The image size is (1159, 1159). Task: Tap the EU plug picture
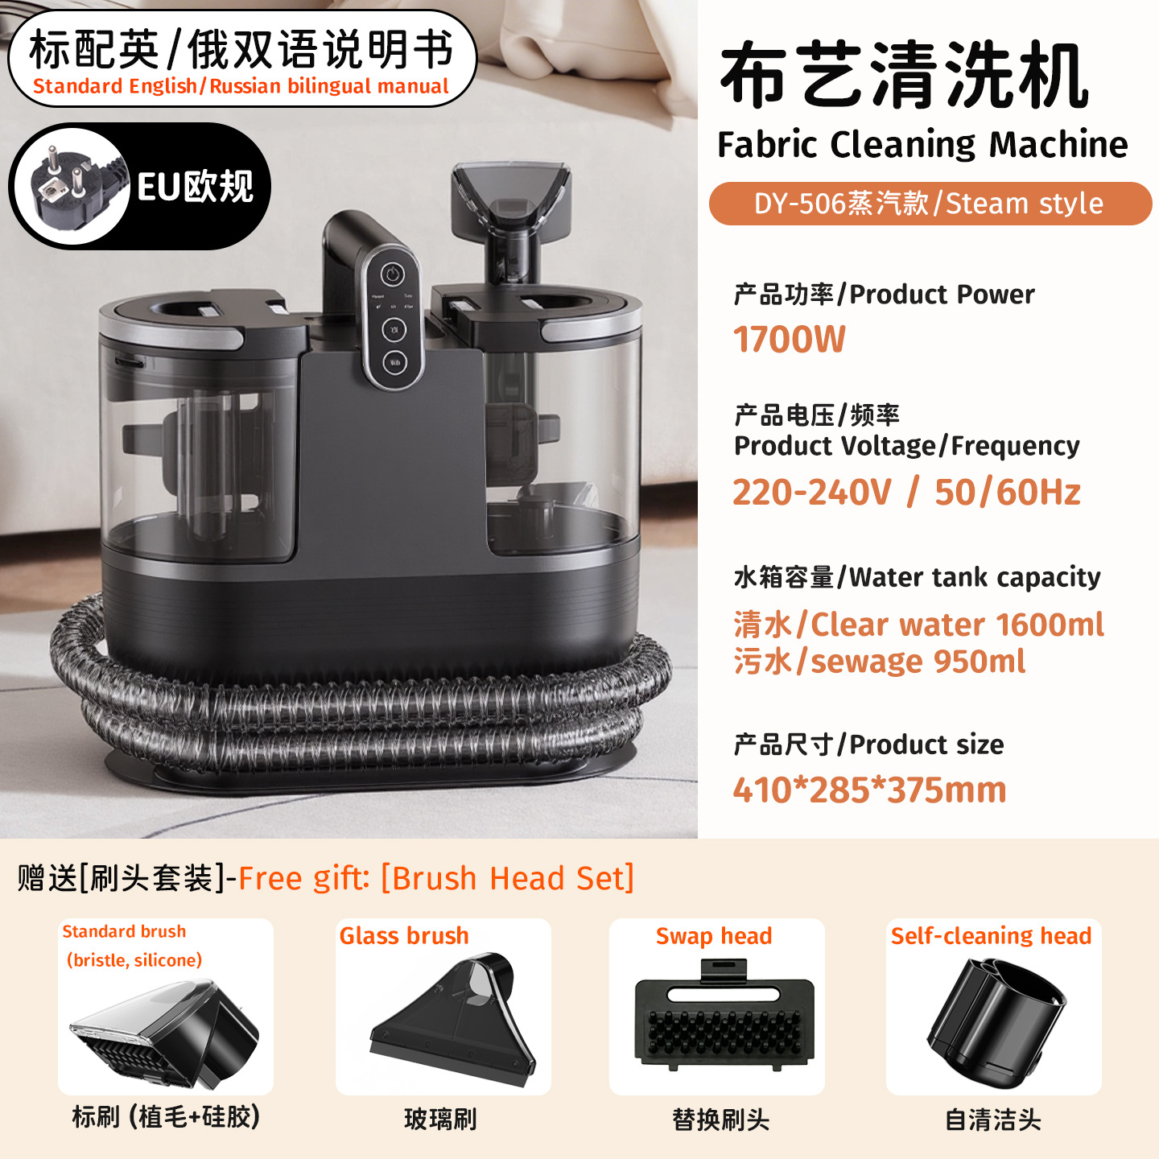(72, 187)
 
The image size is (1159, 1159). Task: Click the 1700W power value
(789, 339)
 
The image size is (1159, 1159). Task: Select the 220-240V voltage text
(812, 492)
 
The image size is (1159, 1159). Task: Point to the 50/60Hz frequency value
(1008, 492)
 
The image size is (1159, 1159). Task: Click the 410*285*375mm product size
(870, 790)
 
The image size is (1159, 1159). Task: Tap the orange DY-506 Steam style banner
(930, 204)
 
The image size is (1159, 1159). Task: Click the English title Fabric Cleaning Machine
(922, 144)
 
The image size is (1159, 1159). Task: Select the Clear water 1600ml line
(919, 625)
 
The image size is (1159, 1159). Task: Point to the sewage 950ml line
(880, 662)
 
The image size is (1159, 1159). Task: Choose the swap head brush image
(724, 1015)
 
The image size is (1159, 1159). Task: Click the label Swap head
(714, 936)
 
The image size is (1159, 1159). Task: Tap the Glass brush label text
(404, 936)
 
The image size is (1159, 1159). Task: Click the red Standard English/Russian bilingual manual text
(241, 86)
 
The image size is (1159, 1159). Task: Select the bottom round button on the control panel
(394, 363)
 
